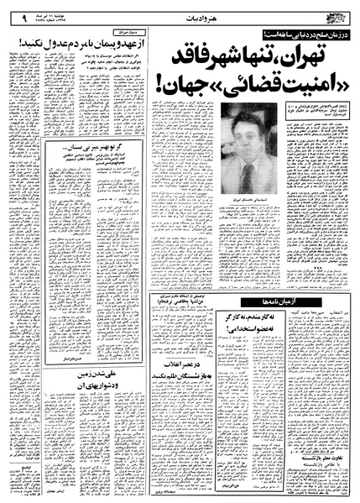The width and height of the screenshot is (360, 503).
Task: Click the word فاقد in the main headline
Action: click(185, 57)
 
